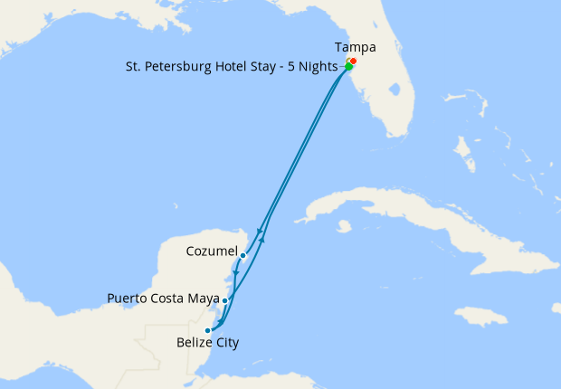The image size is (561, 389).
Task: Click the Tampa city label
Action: [x=355, y=47]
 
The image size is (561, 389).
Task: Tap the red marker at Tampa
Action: [x=353, y=62]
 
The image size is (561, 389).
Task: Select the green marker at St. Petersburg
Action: [x=348, y=67]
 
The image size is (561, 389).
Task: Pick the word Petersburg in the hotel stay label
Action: [x=179, y=66]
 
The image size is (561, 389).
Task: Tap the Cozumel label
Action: [x=211, y=251]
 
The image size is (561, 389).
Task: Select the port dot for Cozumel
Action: [x=243, y=256]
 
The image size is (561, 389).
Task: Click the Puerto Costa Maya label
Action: [x=162, y=298]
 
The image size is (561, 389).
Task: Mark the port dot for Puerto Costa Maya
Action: [x=225, y=300]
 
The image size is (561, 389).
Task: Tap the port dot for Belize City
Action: [x=208, y=330]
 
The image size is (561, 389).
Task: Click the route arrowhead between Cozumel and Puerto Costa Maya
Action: [x=234, y=271]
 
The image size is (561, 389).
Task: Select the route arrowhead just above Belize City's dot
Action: [x=217, y=321]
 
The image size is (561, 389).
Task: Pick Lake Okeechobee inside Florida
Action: [x=394, y=90]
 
